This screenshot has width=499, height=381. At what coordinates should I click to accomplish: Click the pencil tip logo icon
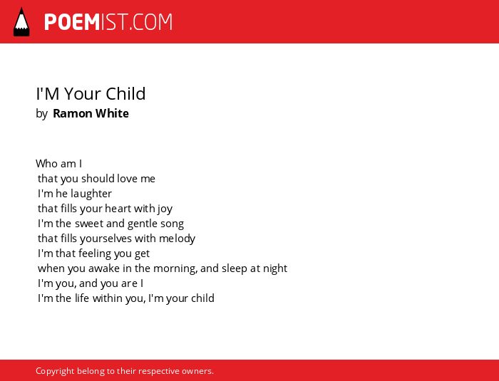(21, 21)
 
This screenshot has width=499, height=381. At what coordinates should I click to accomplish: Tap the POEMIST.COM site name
(108, 22)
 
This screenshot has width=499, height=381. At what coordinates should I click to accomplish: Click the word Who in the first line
(47, 164)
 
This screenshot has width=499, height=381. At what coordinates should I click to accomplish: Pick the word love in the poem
(127, 179)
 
